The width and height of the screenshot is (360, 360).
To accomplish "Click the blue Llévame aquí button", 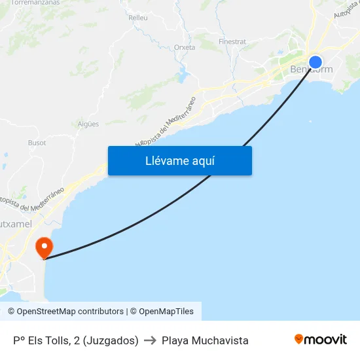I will tap(179, 160).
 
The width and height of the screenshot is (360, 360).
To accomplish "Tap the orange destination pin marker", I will tap(45, 247).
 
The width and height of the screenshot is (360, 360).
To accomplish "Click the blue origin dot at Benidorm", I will tap(315, 62).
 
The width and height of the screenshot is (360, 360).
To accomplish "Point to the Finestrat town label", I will tap(232, 41).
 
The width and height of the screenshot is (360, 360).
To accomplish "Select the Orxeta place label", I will tap(185, 47).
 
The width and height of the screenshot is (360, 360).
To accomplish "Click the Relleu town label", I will tap(138, 18).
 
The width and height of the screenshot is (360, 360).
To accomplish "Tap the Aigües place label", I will tap(88, 124).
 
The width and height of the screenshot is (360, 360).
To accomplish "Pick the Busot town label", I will tap(37, 142).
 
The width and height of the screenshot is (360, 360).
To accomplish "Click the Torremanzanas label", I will tap(35, 3).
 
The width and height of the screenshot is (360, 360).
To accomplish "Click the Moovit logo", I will tap(321, 340).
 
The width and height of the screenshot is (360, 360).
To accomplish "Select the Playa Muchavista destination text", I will tap(205, 340).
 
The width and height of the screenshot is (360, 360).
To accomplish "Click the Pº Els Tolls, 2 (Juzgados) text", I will tap(76, 340).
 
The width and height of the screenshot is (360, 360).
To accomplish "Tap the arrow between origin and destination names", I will tap(150, 340).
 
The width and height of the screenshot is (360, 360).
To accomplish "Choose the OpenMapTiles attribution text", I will tap(166, 312).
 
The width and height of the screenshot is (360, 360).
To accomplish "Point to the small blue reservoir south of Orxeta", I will tap(184, 69).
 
